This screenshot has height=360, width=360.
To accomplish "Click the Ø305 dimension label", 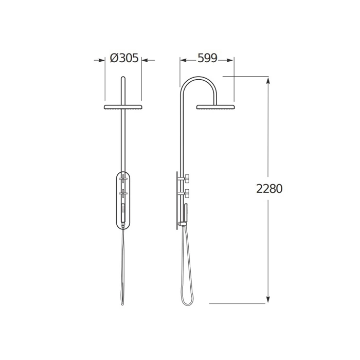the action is tap(124, 58).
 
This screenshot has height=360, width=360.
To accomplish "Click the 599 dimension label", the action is tap(207, 58).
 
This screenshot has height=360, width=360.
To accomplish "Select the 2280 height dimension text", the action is tap(269, 189).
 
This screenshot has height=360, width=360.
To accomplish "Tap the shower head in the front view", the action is tap(123, 107).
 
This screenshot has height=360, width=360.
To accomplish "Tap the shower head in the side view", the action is tap(215, 107).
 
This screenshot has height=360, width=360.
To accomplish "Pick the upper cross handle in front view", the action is tap(123, 178).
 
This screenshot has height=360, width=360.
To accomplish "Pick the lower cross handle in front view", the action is tap(123, 193).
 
